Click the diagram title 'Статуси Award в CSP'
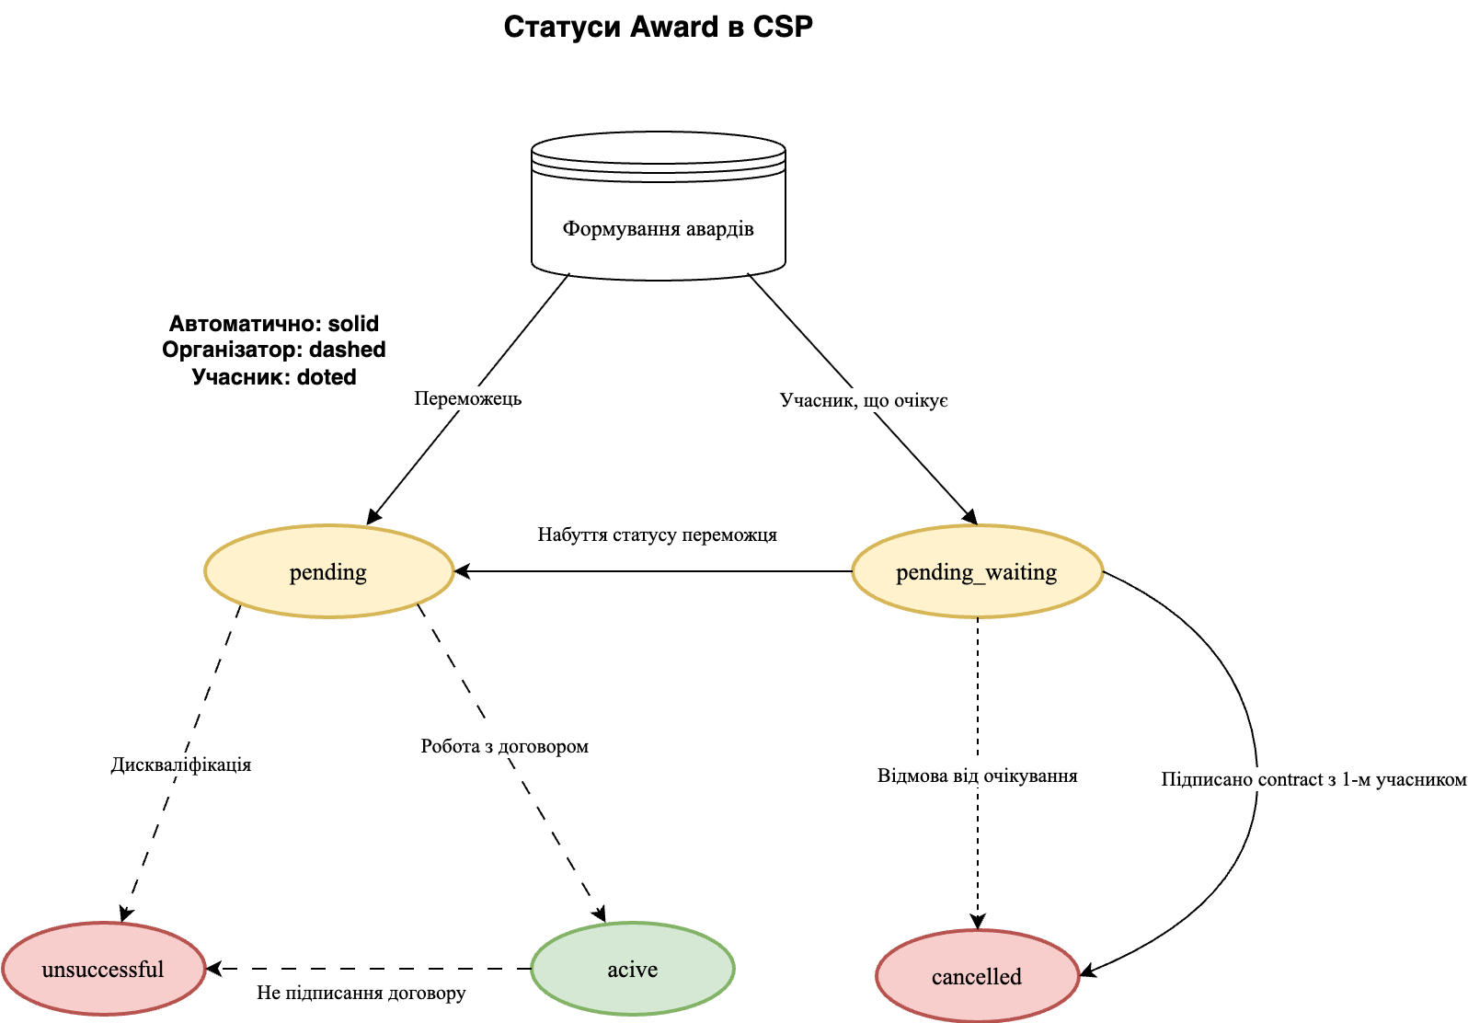(x=658, y=27)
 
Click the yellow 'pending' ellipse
(x=328, y=572)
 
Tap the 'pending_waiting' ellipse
(x=977, y=572)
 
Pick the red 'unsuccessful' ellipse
(x=103, y=970)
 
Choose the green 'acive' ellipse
(x=633, y=970)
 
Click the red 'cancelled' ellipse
(x=977, y=977)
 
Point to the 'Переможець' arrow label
(x=467, y=398)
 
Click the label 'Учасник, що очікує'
(x=864, y=400)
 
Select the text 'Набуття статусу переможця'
(x=657, y=534)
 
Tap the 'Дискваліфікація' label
(x=181, y=764)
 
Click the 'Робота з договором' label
(x=504, y=746)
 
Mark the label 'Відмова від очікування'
(x=977, y=776)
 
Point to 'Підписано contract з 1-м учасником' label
(x=1313, y=779)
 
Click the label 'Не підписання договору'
(x=361, y=993)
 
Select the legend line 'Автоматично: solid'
(x=274, y=324)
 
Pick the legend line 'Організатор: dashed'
(x=274, y=350)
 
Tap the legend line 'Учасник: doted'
(x=274, y=377)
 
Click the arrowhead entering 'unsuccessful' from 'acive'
(x=213, y=969)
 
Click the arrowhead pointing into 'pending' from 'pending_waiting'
(x=462, y=571)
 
